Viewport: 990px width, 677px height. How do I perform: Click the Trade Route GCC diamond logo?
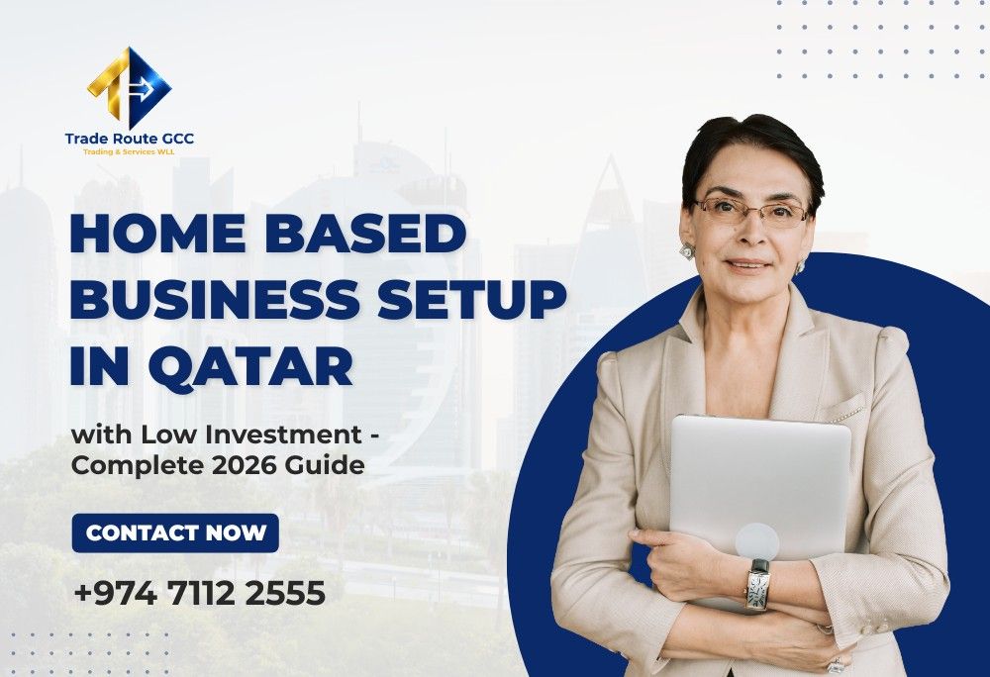coord(129,87)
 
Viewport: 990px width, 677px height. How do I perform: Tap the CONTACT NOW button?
coord(176,533)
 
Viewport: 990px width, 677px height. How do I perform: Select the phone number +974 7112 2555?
coord(199,594)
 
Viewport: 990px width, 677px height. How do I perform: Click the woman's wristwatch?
coord(758,583)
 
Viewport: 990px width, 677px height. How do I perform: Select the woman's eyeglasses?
coord(749,211)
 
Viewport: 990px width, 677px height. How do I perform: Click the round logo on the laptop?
coord(756,540)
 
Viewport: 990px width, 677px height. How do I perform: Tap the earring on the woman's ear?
coord(687,251)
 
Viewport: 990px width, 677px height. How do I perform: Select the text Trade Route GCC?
coord(130,139)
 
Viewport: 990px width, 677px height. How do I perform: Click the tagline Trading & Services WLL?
coord(130,152)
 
